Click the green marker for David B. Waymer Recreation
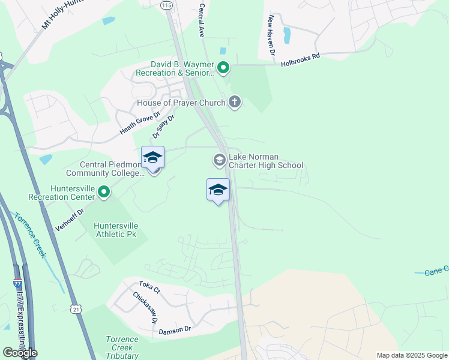coord(223,68)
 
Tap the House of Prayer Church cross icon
coord(235,103)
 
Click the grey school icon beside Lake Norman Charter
coord(219,160)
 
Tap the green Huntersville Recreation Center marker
coord(104,193)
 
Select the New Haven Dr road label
coord(272,35)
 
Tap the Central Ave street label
coord(202,21)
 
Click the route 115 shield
coord(166,5)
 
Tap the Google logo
coord(19,353)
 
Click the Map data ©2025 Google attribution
coord(412,355)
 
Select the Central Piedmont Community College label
coord(112,169)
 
